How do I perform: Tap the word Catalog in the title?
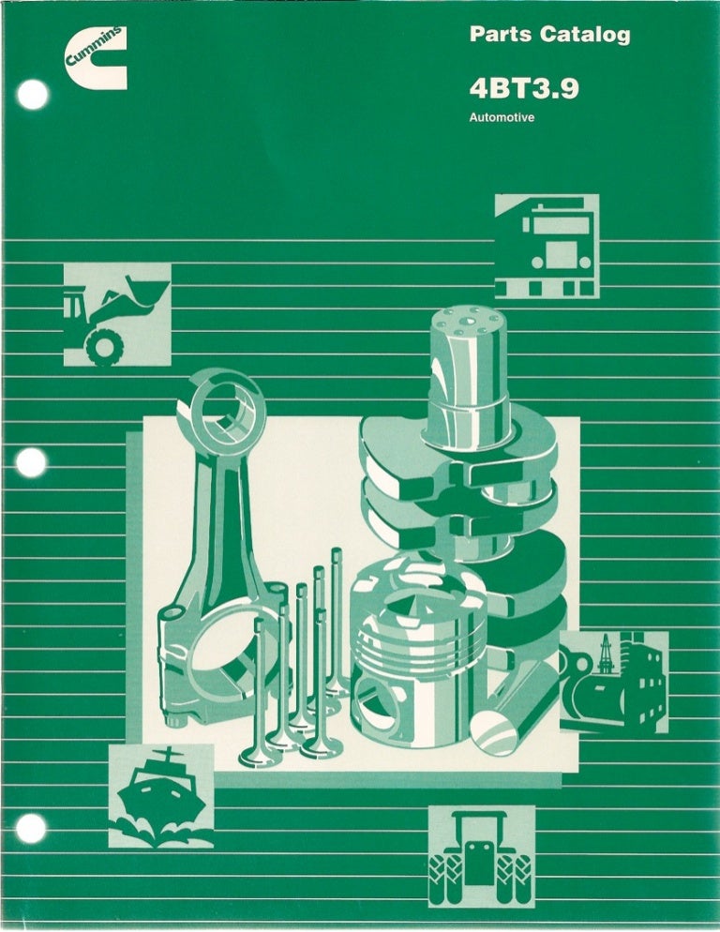pyautogui.click(x=585, y=35)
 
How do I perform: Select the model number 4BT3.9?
pyautogui.click(x=524, y=89)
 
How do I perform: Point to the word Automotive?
pyautogui.click(x=502, y=117)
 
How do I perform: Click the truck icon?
pyautogui.click(x=547, y=246)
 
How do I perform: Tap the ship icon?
pyautogui.click(x=161, y=795)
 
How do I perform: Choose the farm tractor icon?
pyautogui.click(x=482, y=856)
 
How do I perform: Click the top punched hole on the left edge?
pyautogui.click(x=33, y=95)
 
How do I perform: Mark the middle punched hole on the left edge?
pyautogui.click(x=31, y=462)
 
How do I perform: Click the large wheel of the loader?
pyautogui.click(x=105, y=346)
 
